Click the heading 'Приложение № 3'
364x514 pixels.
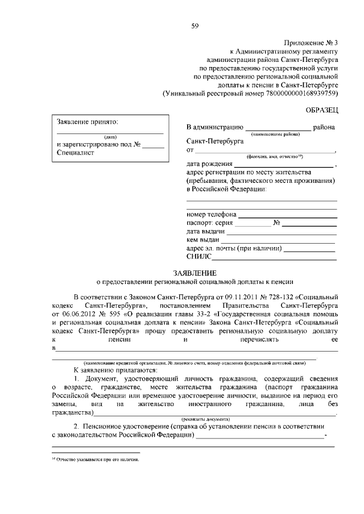click(310, 43)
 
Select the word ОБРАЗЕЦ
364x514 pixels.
click(321, 108)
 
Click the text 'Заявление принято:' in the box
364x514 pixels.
click(86, 122)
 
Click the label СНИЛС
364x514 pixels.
click(197, 258)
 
